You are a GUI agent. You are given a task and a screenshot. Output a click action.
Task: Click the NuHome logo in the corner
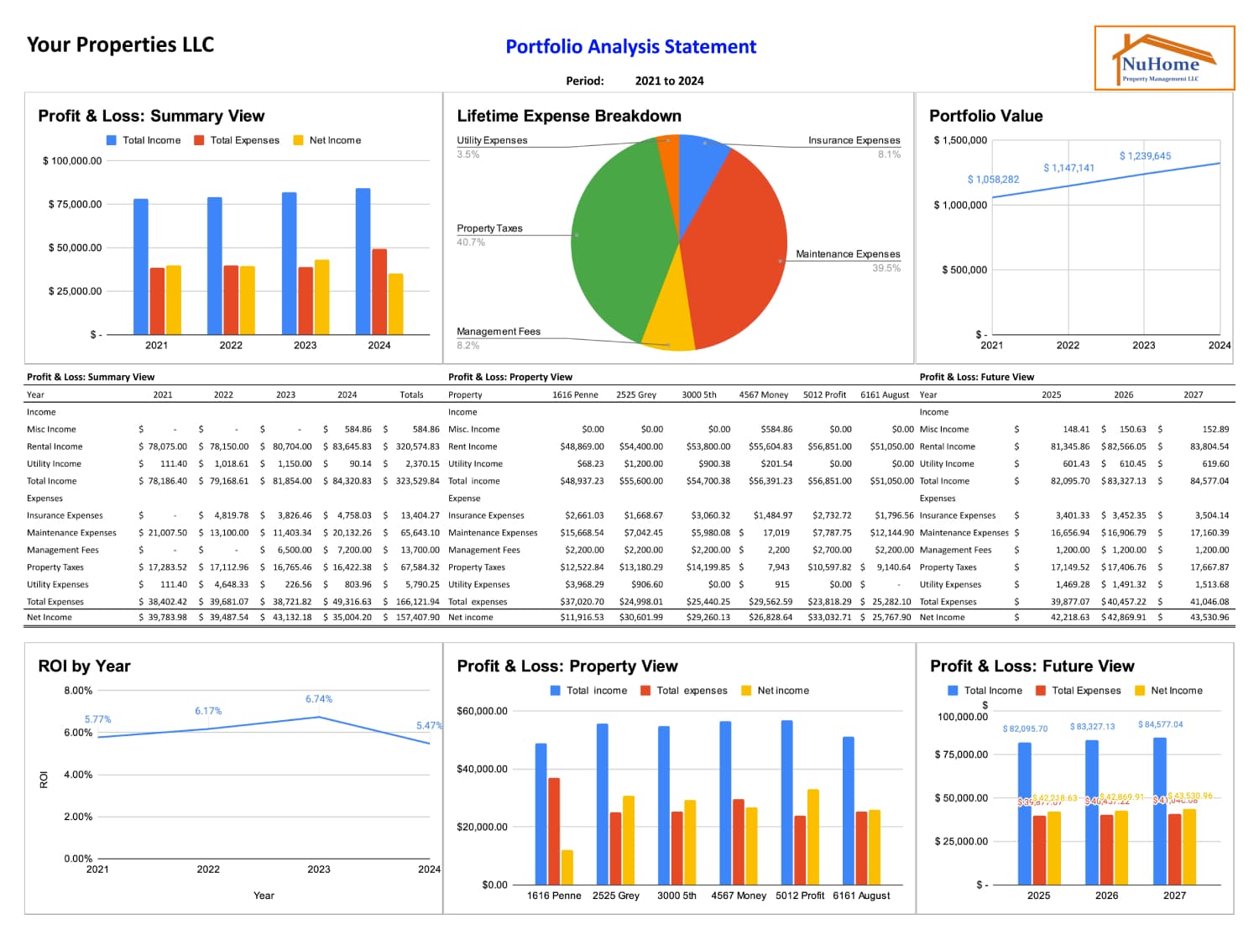click(1164, 58)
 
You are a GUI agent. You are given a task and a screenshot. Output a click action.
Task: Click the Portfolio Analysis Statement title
click(630, 47)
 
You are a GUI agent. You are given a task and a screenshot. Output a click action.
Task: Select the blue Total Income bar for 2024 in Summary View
click(363, 261)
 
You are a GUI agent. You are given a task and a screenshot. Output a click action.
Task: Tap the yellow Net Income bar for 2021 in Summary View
click(174, 300)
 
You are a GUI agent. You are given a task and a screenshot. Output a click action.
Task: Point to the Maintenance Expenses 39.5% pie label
click(848, 254)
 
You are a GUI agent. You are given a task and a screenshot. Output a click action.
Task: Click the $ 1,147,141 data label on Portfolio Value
click(1068, 168)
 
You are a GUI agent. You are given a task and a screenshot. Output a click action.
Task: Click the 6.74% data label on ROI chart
click(318, 699)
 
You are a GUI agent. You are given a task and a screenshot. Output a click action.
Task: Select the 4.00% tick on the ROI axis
click(78, 775)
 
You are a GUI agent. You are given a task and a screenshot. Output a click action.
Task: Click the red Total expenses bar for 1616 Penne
click(554, 831)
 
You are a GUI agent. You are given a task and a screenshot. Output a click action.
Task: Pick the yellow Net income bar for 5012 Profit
click(812, 836)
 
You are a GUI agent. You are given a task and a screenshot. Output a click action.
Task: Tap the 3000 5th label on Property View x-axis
click(677, 896)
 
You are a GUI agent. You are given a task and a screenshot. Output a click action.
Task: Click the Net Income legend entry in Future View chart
click(1175, 691)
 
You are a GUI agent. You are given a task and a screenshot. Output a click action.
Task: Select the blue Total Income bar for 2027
click(1160, 811)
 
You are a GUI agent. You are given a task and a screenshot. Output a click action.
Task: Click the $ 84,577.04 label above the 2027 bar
click(1160, 724)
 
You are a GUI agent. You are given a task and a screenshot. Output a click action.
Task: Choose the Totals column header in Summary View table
click(411, 394)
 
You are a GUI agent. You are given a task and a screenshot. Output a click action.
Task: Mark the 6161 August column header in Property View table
click(885, 394)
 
